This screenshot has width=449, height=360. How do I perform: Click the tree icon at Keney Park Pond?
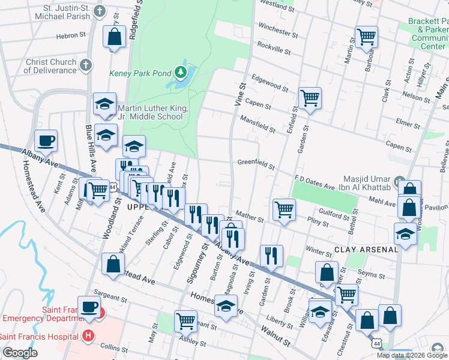click(x=181, y=73)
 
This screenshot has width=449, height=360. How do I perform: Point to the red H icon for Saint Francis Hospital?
click(x=89, y=335)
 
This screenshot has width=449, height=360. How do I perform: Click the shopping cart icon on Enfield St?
click(x=310, y=97)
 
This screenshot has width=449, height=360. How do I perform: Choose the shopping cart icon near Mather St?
click(x=284, y=209)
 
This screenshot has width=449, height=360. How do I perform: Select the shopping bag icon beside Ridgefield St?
click(x=114, y=37)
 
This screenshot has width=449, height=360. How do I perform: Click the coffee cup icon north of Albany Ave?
click(x=46, y=141)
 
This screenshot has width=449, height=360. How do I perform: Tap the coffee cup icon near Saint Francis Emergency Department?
click(x=89, y=307)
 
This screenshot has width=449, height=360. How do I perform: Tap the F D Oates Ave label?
click(x=313, y=182)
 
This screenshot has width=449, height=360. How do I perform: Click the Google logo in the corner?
click(x=20, y=353)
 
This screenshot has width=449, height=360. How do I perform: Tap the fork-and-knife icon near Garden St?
click(x=271, y=256)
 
